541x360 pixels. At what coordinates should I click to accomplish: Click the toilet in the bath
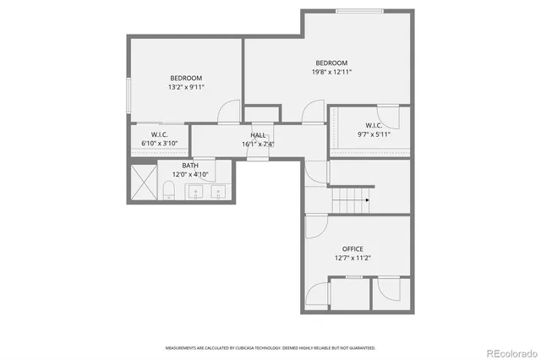click(x=168, y=195)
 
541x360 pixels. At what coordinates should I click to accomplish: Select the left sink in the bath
click(x=197, y=194)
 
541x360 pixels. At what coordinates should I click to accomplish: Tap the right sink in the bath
click(x=219, y=194)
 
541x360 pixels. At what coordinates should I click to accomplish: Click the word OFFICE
click(x=352, y=248)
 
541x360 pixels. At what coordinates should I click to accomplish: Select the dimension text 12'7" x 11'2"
click(x=352, y=258)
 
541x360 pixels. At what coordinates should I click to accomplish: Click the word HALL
click(x=258, y=135)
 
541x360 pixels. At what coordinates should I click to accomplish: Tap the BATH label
click(x=190, y=166)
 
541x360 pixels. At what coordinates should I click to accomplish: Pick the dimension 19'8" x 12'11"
click(x=331, y=72)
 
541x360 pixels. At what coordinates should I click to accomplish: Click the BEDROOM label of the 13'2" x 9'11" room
click(x=185, y=78)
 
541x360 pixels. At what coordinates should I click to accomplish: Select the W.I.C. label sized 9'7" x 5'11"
click(x=374, y=125)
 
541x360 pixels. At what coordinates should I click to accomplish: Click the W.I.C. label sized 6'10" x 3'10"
click(x=161, y=135)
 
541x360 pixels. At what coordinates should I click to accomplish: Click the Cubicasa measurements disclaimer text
click(x=270, y=347)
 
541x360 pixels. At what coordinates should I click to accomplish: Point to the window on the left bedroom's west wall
click(x=128, y=95)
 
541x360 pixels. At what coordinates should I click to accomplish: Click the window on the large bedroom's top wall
click(x=357, y=11)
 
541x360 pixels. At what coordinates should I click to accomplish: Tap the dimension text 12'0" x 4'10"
click(x=190, y=174)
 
